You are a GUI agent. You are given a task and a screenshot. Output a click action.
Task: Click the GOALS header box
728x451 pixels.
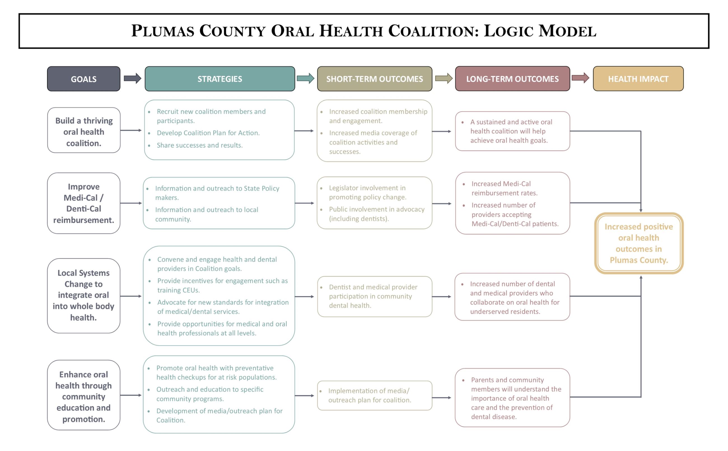click(x=83, y=79)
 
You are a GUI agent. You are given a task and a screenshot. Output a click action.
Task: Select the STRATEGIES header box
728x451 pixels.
click(x=220, y=79)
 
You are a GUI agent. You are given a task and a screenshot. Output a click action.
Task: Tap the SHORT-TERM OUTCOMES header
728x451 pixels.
click(x=374, y=79)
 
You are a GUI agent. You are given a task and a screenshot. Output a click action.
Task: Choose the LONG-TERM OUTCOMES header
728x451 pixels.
click(x=512, y=79)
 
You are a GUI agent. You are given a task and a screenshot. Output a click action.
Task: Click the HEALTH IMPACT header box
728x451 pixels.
click(x=638, y=79)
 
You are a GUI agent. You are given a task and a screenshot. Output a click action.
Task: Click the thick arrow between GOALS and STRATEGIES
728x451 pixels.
click(x=132, y=78)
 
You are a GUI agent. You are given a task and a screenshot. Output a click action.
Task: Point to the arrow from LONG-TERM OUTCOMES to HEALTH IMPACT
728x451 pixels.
click(x=580, y=78)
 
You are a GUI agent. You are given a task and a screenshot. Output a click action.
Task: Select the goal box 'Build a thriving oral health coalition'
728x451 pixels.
click(x=84, y=130)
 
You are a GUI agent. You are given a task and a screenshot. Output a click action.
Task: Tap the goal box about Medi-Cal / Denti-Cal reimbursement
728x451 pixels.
click(x=83, y=203)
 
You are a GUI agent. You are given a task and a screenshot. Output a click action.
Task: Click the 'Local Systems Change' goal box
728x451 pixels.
click(x=83, y=295)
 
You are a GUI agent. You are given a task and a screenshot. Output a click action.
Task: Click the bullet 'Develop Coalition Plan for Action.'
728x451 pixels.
click(x=208, y=133)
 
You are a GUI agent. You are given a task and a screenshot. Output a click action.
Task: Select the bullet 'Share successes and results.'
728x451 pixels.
click(x=199, y=145)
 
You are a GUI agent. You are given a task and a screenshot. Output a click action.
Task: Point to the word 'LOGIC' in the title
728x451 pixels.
click(x=508, y=31)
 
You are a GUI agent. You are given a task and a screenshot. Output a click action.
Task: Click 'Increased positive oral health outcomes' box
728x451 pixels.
click(x=639, y=243)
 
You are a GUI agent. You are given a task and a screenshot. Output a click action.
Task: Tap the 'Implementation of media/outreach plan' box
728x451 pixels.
click(x=374, y=395)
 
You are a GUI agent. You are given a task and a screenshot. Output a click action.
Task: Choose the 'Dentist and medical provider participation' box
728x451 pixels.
click(x=374, y=296)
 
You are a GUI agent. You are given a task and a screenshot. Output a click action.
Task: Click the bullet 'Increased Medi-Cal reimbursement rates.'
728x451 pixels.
click(x=504, y=188)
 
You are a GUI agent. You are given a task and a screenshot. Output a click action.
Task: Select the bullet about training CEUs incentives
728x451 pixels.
click(x=222, y=285)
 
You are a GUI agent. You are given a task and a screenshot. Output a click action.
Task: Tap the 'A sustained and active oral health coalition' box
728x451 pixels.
click(x=512, y=131)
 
